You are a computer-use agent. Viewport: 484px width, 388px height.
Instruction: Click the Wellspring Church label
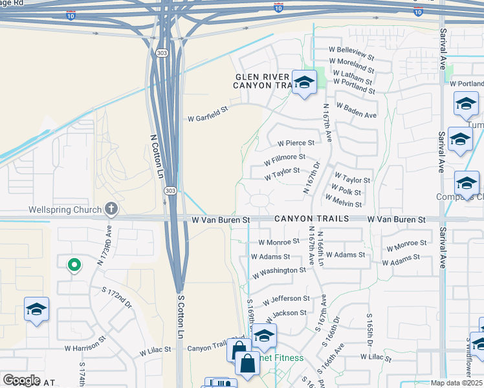pos(65,210)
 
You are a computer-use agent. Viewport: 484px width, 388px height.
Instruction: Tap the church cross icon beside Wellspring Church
pos(111,209)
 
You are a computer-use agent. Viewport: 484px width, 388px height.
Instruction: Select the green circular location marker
pos(74,264)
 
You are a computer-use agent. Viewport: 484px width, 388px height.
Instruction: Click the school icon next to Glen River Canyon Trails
pos(303,82)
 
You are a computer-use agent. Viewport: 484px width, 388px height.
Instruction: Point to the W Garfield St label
pos(208,118)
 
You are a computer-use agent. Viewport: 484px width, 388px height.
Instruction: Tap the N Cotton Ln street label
pos(156,157)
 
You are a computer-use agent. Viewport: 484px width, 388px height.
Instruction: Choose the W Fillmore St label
pos(284,157)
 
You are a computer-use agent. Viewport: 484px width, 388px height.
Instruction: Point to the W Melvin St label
pos(346,203)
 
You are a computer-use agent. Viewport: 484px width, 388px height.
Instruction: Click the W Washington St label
pos(279,270)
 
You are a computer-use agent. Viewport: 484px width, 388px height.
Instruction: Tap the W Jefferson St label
pos(286,299)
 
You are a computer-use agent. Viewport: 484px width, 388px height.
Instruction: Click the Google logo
pos(22,380)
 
